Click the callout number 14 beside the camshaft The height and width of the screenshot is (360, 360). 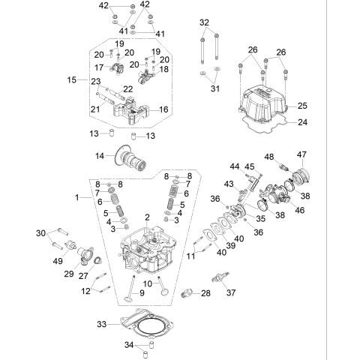click(x=97, y=156)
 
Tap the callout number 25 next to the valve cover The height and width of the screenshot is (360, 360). click(x=302, y=105)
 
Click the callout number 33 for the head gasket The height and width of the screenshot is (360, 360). click(x=103, y=324)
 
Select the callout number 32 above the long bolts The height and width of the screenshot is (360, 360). click(x=205, y=22)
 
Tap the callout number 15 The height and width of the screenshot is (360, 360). click(x=72, y=79)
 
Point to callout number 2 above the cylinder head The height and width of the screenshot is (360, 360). click(x=148, y=217)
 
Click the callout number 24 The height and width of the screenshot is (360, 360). click(x=302, y=121)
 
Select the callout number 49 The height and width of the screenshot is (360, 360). click(x=57, y=260)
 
